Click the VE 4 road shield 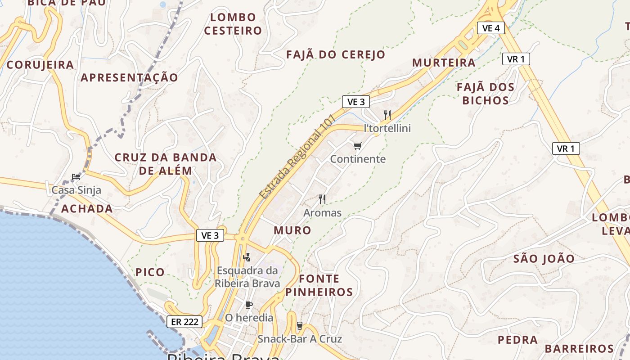(490, 28)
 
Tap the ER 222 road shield (184, 322)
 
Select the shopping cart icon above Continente (358, 146)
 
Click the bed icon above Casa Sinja (76, 176)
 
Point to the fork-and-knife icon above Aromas (322, 199)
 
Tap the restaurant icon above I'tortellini (387, 115)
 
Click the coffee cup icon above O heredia (249, 305)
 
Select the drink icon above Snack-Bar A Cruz (300, 326)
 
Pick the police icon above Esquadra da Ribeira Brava (247, 257)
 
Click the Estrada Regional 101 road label (297, 156)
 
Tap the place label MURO (292, 230)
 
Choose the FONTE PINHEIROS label (319, 285)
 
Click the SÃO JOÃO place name (544, 259)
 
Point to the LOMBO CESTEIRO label (233, 24)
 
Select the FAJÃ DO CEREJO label (336, 54)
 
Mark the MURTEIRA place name (444, 63)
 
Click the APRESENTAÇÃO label (129, 77)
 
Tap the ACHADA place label (87, 208)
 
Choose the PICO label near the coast (150, 272)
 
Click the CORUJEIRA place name (40, 65)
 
